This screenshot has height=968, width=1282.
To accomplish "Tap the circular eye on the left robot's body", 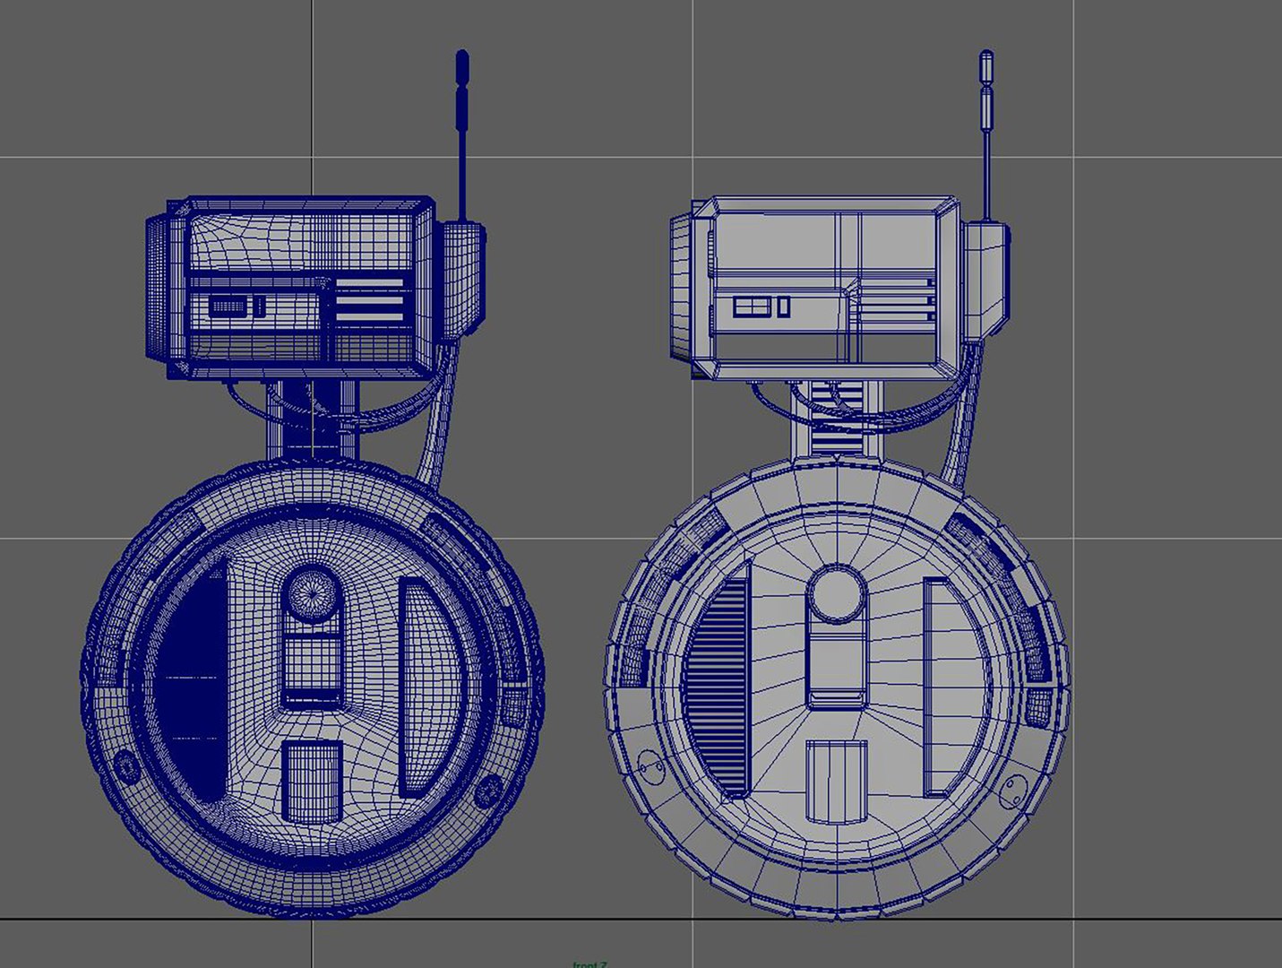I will point(312,592).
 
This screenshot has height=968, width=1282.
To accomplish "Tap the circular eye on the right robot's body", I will point(837,592).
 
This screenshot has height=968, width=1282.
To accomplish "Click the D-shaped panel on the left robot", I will point(429,687).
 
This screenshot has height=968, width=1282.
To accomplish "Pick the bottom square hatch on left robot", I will point(312,780).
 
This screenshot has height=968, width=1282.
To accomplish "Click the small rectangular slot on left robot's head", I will point(231,307).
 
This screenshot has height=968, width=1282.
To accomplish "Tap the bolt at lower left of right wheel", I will point(650,765).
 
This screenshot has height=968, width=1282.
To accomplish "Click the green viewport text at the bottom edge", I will point(589,964).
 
